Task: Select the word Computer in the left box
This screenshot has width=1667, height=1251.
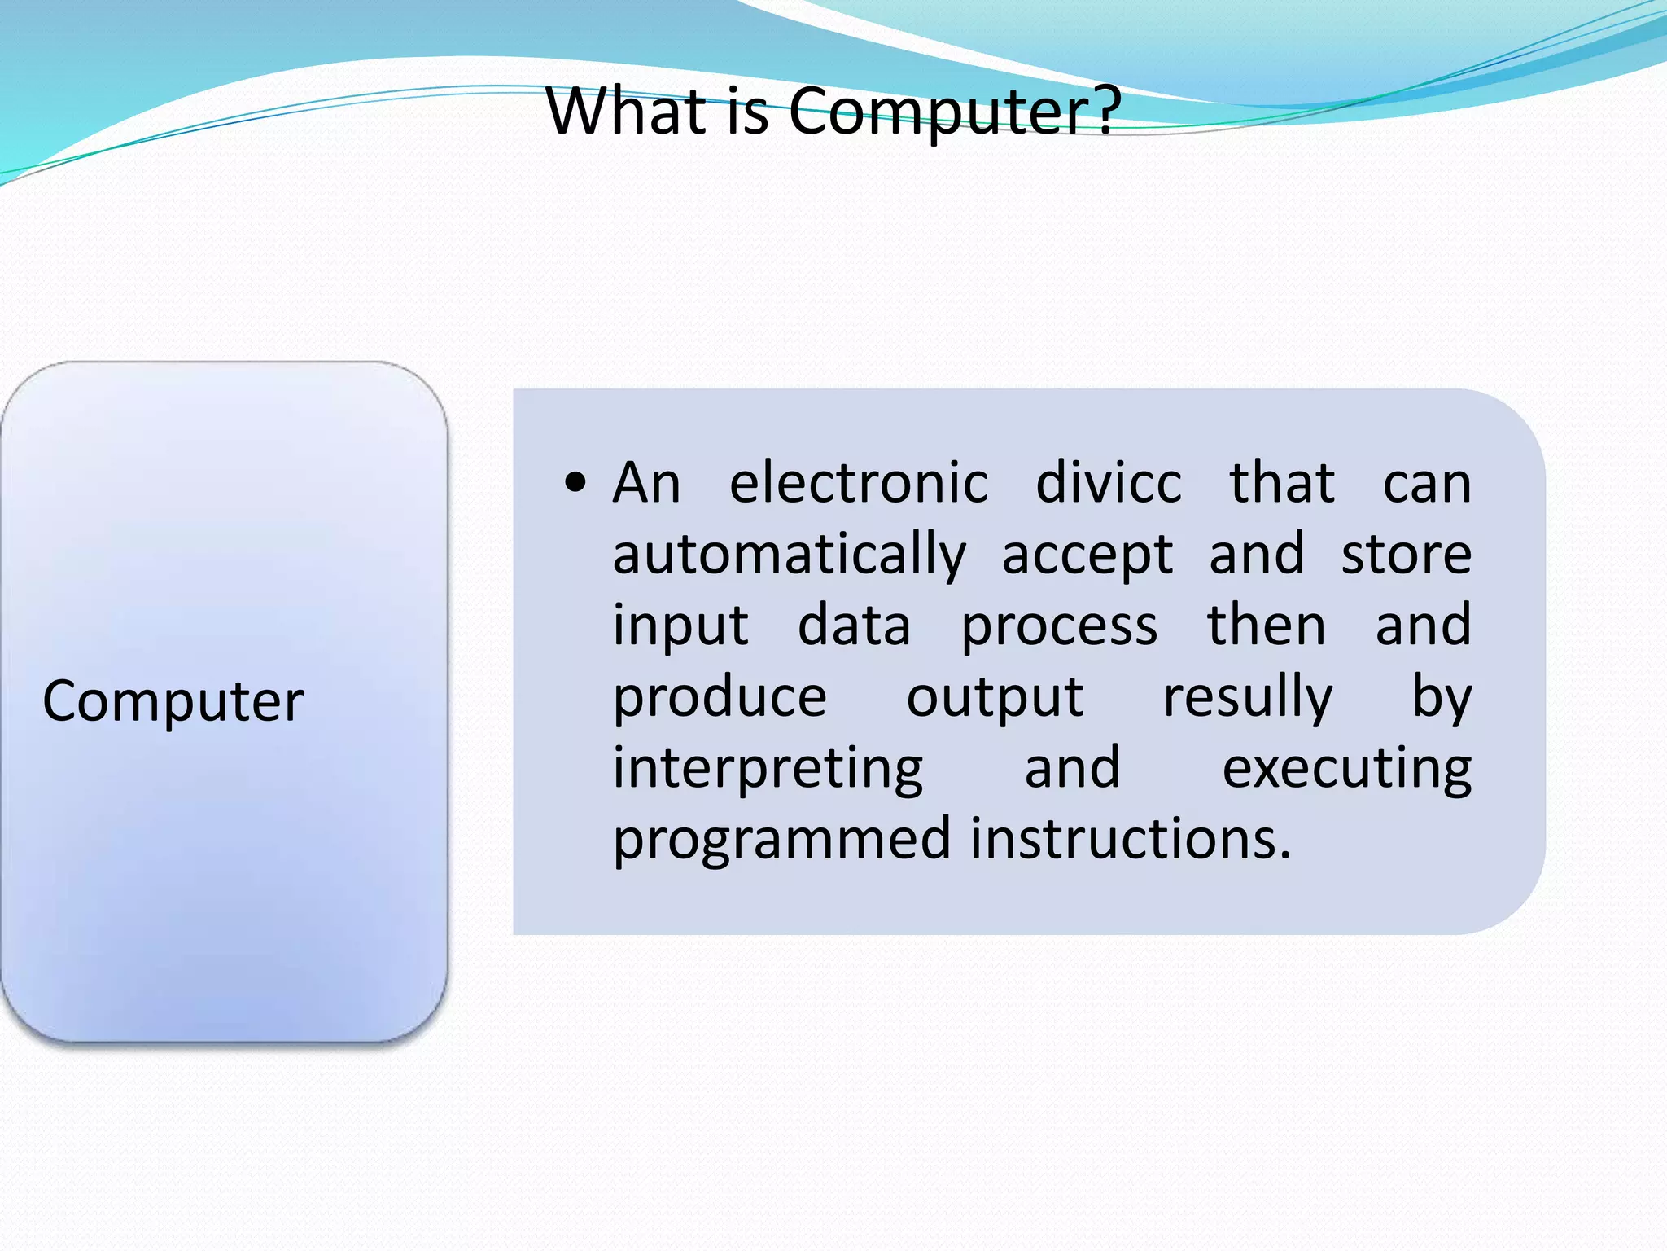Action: point(173,701)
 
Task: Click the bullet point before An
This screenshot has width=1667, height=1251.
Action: point(575,483)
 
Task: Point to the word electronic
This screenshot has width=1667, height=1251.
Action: point(858,483)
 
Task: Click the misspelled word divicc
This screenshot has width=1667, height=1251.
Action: point(1108,483)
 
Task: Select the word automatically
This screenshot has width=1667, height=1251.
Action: point(789,555)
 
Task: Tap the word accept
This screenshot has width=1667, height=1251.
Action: point(1087,555)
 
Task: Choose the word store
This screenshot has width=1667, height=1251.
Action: point(1406,555)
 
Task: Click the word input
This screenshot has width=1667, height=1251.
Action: point(680,626)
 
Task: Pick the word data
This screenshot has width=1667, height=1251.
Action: point(853,626)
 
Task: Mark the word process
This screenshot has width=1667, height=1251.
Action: point(1059,626)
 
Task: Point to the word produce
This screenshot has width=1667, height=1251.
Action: point(720,698)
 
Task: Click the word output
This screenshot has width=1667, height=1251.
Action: point(995,698)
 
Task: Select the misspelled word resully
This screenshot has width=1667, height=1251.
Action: point(1247,698)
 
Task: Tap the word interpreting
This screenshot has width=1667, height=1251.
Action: point(768,769)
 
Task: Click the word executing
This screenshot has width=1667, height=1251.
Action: point(1346,769)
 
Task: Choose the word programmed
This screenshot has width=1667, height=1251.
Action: point(781,840)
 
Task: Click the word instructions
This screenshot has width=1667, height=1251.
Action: point(1130,840)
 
